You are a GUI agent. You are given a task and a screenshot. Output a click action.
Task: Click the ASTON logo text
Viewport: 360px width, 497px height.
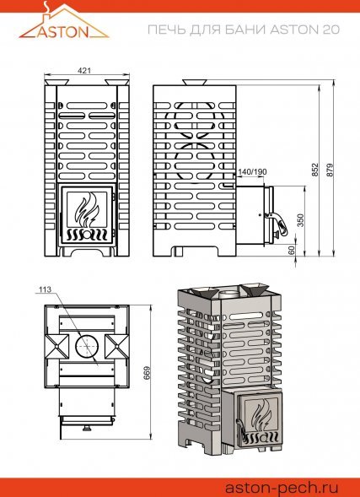[63, 32]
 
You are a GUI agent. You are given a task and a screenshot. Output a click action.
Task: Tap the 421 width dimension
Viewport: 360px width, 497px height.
[84, 71]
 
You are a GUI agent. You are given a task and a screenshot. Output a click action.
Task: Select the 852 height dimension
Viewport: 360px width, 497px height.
[314, 170]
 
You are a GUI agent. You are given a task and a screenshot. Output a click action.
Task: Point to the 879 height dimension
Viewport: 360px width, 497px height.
[330, 170]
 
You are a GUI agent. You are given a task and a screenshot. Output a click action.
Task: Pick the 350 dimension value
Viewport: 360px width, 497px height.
[300, 220]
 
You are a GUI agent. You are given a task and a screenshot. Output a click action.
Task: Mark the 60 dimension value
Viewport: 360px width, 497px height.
[292, 250]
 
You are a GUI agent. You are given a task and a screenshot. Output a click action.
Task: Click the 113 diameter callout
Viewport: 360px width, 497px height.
[45, 289]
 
